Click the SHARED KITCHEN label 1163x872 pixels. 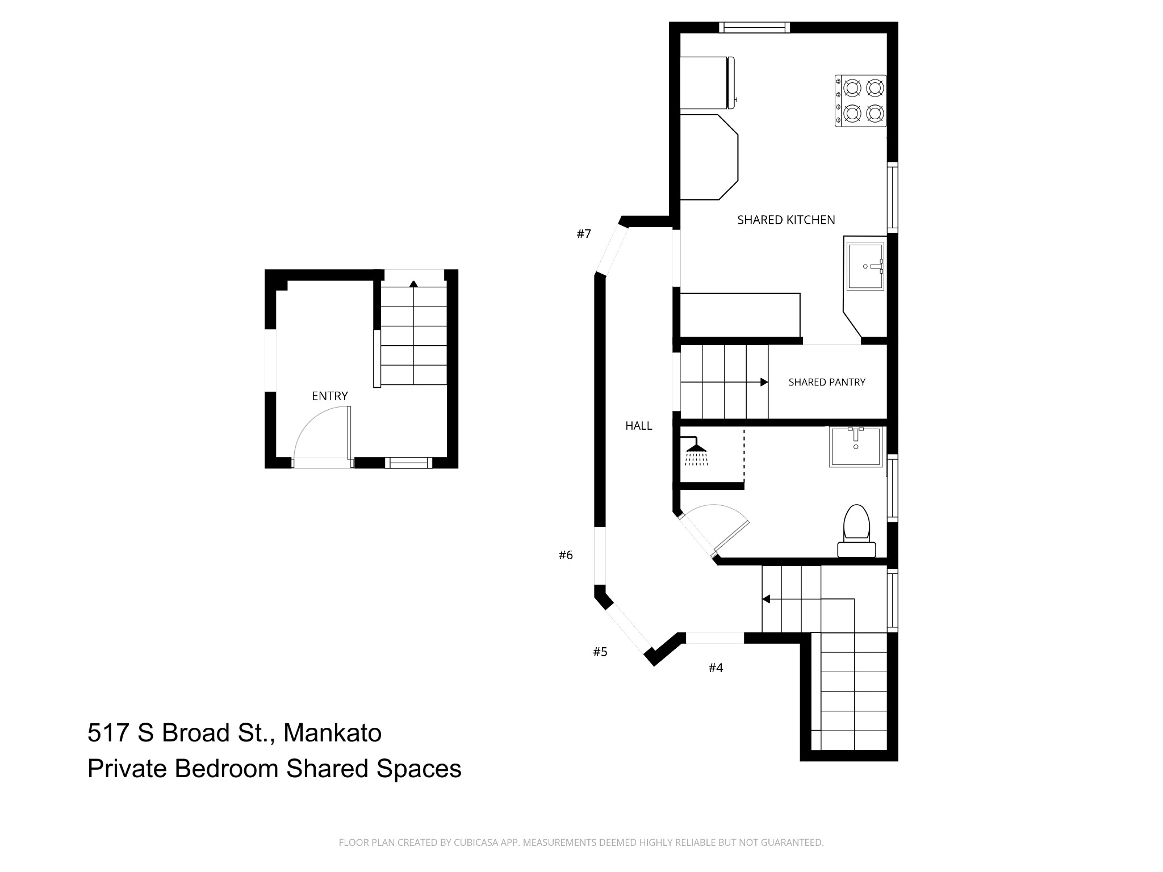point(786,220)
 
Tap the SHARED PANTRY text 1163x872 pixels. point(827,383)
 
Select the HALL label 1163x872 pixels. point(639,426)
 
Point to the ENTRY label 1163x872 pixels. point(330,396)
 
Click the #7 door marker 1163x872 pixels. point(584,234)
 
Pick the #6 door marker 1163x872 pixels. point(566,555)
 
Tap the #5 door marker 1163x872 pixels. point(600,652)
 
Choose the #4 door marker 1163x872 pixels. point(716,668)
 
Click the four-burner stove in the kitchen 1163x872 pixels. point(860,100)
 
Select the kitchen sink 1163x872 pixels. point(865,266)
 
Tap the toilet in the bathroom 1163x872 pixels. point(857,530)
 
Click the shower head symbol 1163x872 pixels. point(696,451)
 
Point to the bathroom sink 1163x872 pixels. point(856,447)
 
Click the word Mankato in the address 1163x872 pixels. point(332,733)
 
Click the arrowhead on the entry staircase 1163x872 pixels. point(413,283)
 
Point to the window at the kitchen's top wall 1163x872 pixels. point(754,27)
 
